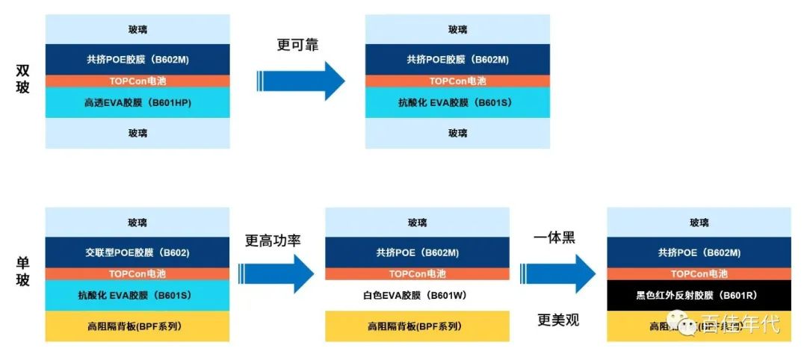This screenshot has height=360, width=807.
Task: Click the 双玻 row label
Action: point(23,81)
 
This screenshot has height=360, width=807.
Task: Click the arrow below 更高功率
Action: point(276,273)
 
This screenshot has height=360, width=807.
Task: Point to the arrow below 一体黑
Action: point(557,273)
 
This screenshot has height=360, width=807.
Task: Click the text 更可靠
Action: point(297,44)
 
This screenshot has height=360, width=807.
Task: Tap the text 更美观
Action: point(558,320)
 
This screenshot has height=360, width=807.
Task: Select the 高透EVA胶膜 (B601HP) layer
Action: point(137,102)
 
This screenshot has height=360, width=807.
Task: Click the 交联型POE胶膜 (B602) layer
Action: point(137,252)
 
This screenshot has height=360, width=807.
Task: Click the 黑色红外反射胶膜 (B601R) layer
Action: point(699,295)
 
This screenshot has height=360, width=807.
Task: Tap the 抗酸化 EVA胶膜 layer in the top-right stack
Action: point(457,102)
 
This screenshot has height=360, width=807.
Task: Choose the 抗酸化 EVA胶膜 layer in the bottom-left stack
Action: point(137,295)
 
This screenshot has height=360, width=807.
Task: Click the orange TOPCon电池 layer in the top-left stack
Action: point(137,81)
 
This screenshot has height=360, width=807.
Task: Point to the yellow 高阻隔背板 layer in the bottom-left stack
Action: point(137,326)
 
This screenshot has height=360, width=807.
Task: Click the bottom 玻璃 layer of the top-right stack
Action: point(457,133)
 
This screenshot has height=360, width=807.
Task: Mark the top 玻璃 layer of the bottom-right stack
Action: point(699,223)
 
